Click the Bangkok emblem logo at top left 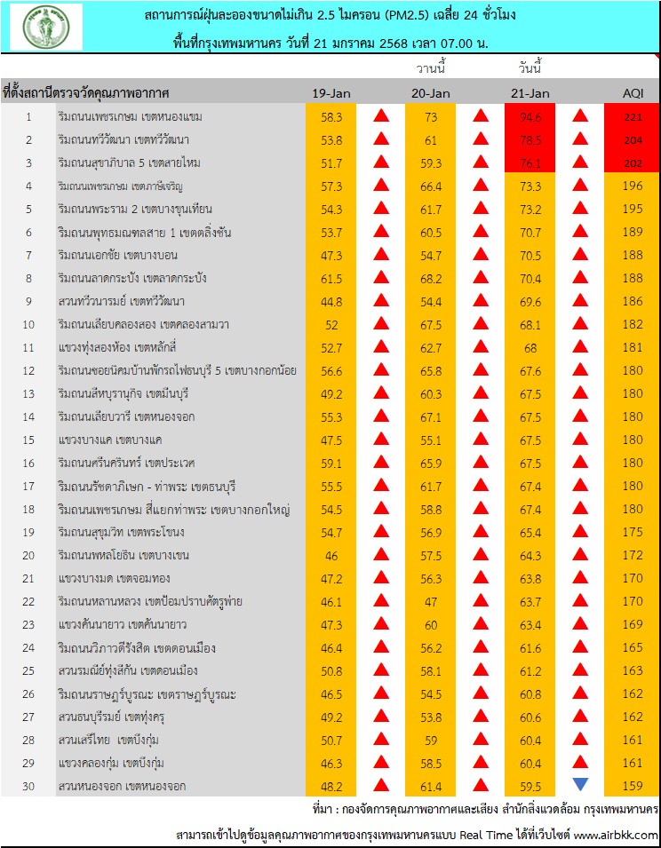pos(46,27)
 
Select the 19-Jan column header pos(330,93)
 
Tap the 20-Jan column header pos(431,93)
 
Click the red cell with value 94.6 pos(531,116)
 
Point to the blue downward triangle pos(580,784)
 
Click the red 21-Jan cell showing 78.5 pos(531,139)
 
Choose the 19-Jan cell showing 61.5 pos(330,278)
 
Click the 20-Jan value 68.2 pos(431,278)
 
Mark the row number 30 pos(28,786)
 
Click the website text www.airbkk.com pos(615,835)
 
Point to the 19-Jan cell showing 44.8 pos(330,301)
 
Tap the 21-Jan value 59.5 pos(531,786)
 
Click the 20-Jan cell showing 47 pos(431,601)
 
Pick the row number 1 pos(28,116)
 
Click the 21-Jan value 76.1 pos(531,162)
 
